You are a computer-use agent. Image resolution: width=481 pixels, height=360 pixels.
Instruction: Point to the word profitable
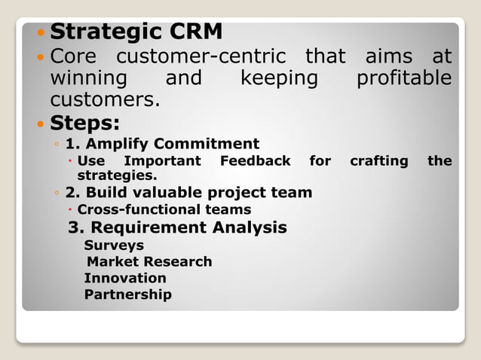click(404, 78)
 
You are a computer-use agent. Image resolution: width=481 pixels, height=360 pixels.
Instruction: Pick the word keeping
click(280, 78)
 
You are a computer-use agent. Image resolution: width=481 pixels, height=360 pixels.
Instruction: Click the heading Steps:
click(85, 122)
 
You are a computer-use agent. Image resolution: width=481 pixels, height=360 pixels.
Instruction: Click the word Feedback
click(255, 161)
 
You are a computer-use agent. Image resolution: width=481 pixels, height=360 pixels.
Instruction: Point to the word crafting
click(379, 161)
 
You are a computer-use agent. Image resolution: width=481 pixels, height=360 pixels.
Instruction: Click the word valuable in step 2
click(167, 193)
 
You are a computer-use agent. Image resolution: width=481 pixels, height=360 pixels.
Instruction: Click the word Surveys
click(114, 246)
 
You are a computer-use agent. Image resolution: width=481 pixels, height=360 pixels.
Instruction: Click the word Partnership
click(128, 294)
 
